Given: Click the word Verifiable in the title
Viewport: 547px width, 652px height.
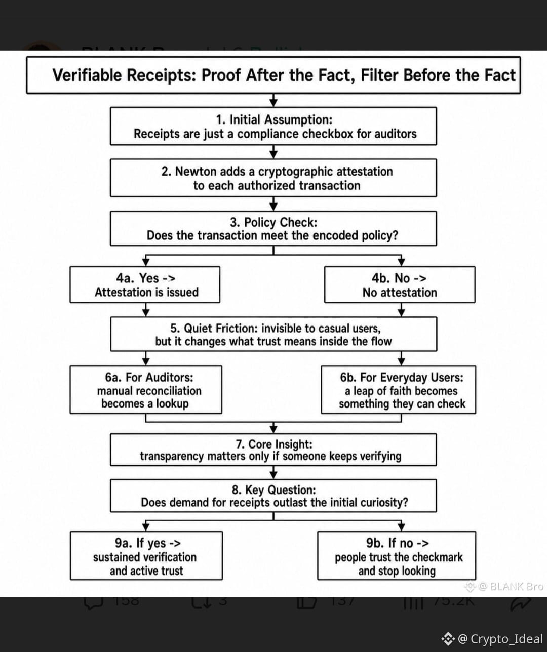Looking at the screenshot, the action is point(87,75).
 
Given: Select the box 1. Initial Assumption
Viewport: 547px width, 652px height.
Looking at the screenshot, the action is point(273,126).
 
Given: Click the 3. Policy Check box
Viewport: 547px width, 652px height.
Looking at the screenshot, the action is point(273,229).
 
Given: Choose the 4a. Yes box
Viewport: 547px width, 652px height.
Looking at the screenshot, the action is point(145,284).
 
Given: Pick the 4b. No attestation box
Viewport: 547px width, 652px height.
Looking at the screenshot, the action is point(400,284).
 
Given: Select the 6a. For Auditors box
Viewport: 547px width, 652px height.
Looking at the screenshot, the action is point(146,390).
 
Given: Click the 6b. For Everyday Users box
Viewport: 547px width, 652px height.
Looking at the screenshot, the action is point(399,390).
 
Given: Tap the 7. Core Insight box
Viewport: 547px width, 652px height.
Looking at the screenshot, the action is point(273,450).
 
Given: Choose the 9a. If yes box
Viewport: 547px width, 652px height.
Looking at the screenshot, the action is point(146,555).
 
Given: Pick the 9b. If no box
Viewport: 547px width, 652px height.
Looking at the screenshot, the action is point(397,555).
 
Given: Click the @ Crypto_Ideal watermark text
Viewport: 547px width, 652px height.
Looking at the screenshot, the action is point(500,639).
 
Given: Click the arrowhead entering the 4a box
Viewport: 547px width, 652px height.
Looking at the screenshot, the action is point(145,262).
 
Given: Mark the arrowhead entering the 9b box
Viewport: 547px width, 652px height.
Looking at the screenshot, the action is point(402,527).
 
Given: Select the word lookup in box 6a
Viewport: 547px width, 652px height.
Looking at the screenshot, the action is point(172,404).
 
